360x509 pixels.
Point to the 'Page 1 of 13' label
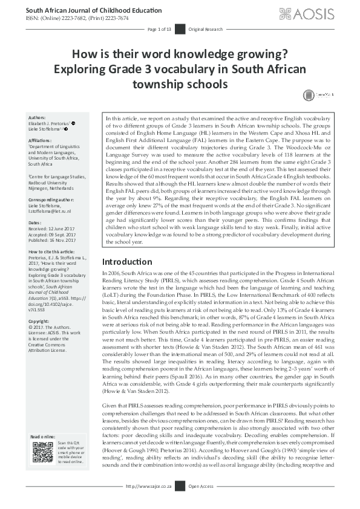pos(160,29)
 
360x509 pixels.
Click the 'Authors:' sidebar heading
pos(38,118)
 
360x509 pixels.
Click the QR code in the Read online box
pos(43,452)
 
